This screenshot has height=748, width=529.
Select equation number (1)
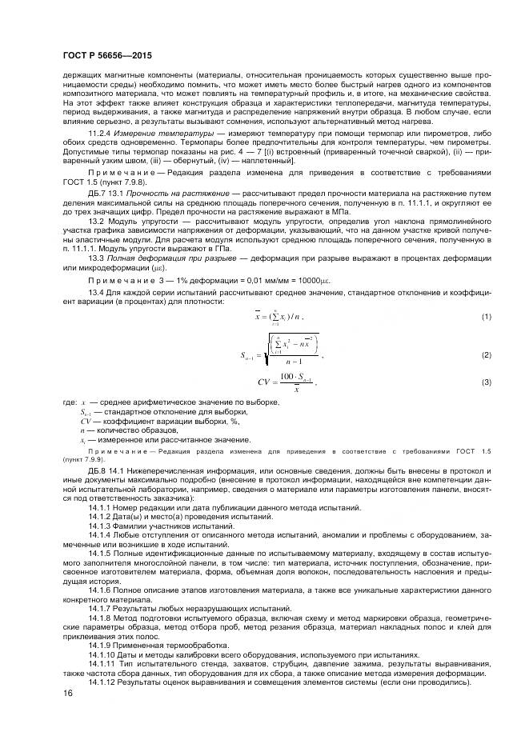[x=485, y=318]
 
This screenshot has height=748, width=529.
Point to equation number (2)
[x=485, y=354]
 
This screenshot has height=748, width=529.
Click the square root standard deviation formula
[x=280, y=353]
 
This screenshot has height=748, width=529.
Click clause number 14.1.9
[x=102, y=645]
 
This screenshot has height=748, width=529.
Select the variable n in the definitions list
[x=82, y=430]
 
